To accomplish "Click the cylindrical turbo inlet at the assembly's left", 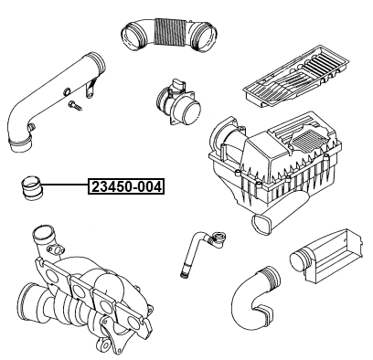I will pos(26,298).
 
